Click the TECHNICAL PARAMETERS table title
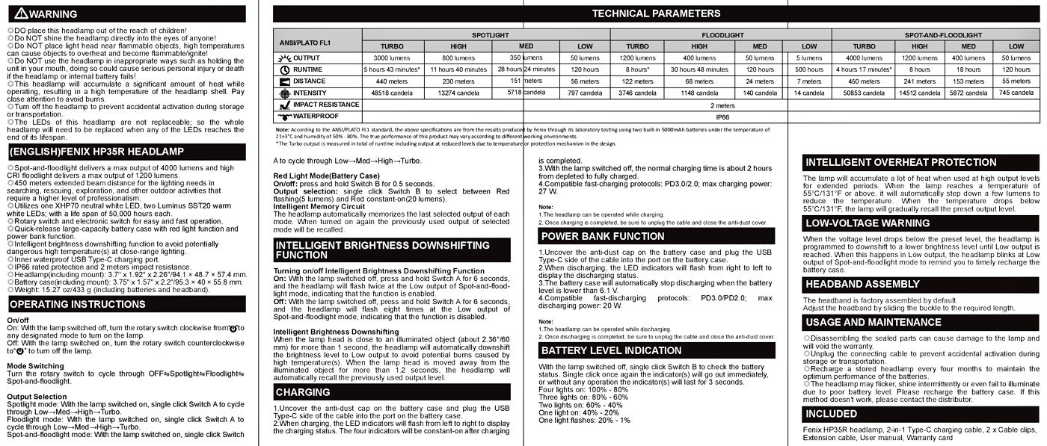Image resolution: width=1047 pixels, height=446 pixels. coord(656,13)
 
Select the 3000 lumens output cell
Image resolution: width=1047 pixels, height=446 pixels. coord(391,58)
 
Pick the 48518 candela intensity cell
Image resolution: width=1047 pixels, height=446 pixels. coord(391,93)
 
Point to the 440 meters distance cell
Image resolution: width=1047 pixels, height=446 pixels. coord(391,81)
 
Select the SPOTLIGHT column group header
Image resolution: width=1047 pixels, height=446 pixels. coord(487,35)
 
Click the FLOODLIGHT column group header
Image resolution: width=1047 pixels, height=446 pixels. coord(722,35)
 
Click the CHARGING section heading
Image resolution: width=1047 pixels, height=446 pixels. coord(303,391)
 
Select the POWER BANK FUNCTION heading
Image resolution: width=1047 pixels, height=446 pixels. coord(602,236)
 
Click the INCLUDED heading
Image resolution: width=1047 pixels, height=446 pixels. coord(831,413)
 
